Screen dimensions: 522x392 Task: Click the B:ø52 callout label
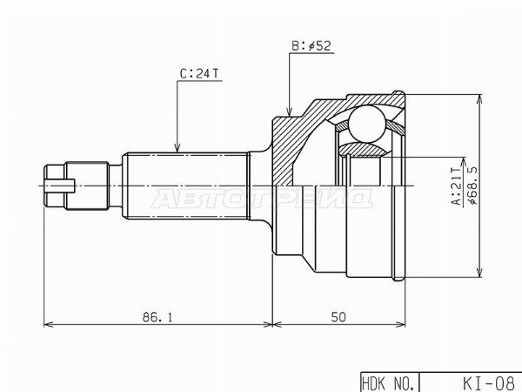(311, 46)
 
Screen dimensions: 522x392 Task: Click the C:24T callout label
(199, 74)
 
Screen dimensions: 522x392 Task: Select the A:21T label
(456, 186)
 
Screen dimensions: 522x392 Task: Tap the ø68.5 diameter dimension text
(472, 185)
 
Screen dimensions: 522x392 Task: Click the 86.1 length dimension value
(157, 317)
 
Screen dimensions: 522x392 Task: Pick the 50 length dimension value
(338, 317)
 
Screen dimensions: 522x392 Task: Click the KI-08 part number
(488, 383)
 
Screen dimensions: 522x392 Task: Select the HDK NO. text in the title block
(389, 383)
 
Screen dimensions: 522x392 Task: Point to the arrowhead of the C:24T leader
(177, 148)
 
